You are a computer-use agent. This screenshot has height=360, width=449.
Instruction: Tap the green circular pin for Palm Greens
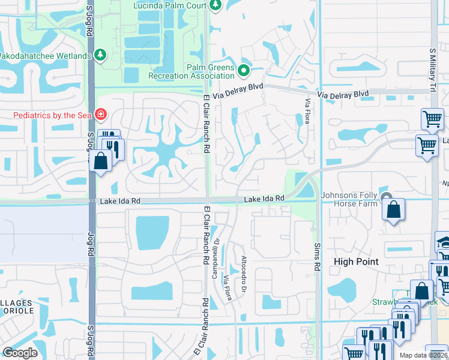pos(243,71)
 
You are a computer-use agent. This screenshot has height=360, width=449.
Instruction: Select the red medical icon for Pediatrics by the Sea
pos(100,114)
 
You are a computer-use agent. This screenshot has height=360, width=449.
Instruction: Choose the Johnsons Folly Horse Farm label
pos(350,199)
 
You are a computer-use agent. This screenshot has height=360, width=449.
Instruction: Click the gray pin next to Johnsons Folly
pos(387,198)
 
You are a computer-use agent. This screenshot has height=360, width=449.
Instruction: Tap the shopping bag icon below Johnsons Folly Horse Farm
pos(393,211)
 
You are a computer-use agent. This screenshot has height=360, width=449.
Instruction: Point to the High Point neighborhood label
pos(356,262)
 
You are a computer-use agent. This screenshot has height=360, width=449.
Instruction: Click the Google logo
pos(20,353)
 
